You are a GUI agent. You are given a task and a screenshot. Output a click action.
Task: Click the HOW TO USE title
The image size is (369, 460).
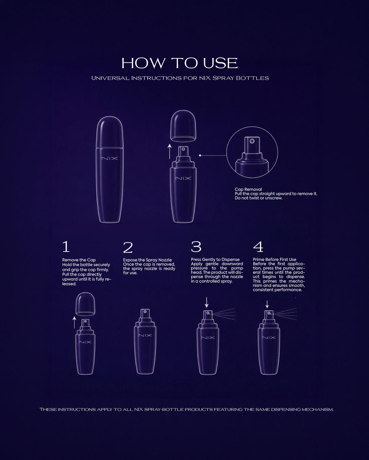coord(180,63)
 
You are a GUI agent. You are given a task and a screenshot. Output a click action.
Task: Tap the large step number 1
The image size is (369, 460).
coord(66,246)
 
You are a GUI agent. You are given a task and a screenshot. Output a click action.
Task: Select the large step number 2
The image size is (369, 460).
coord(128,248)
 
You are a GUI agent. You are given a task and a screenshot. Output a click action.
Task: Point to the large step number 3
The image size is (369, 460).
coord(196,247)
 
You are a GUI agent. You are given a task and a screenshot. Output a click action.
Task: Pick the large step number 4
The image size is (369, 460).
coord(258,247)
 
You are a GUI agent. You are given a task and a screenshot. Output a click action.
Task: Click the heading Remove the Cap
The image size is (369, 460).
coord(79,260)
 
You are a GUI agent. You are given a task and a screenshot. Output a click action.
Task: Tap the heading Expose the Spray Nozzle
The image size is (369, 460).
coord(147,260)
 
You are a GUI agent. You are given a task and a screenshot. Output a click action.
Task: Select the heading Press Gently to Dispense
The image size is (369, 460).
coord(215,260)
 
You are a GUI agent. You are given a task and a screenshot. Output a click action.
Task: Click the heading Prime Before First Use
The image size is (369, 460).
coord(274,260)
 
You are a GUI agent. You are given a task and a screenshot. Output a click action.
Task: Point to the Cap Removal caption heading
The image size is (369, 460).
coord(248,189)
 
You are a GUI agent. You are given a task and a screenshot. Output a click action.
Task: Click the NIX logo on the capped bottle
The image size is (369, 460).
coord(110,158)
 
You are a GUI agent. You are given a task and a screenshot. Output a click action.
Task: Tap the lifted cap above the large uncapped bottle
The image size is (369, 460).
coord(183,126)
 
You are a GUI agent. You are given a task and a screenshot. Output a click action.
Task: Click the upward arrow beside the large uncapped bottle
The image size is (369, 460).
coord(170,152)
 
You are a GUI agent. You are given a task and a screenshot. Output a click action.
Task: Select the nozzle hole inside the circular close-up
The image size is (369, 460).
coord(252,141)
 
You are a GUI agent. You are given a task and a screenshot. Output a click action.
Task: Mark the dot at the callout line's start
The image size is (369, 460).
coord(200,156)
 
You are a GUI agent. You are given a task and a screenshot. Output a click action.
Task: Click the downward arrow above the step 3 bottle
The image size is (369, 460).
coord(207,302)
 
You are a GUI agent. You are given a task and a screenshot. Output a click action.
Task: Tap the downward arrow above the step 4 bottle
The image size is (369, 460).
coord(267,304)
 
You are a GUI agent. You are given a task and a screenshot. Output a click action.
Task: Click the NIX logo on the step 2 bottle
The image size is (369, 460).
coord(145,335)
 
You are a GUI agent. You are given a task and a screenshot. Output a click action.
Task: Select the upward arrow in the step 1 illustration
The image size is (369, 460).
coord(74,323)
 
